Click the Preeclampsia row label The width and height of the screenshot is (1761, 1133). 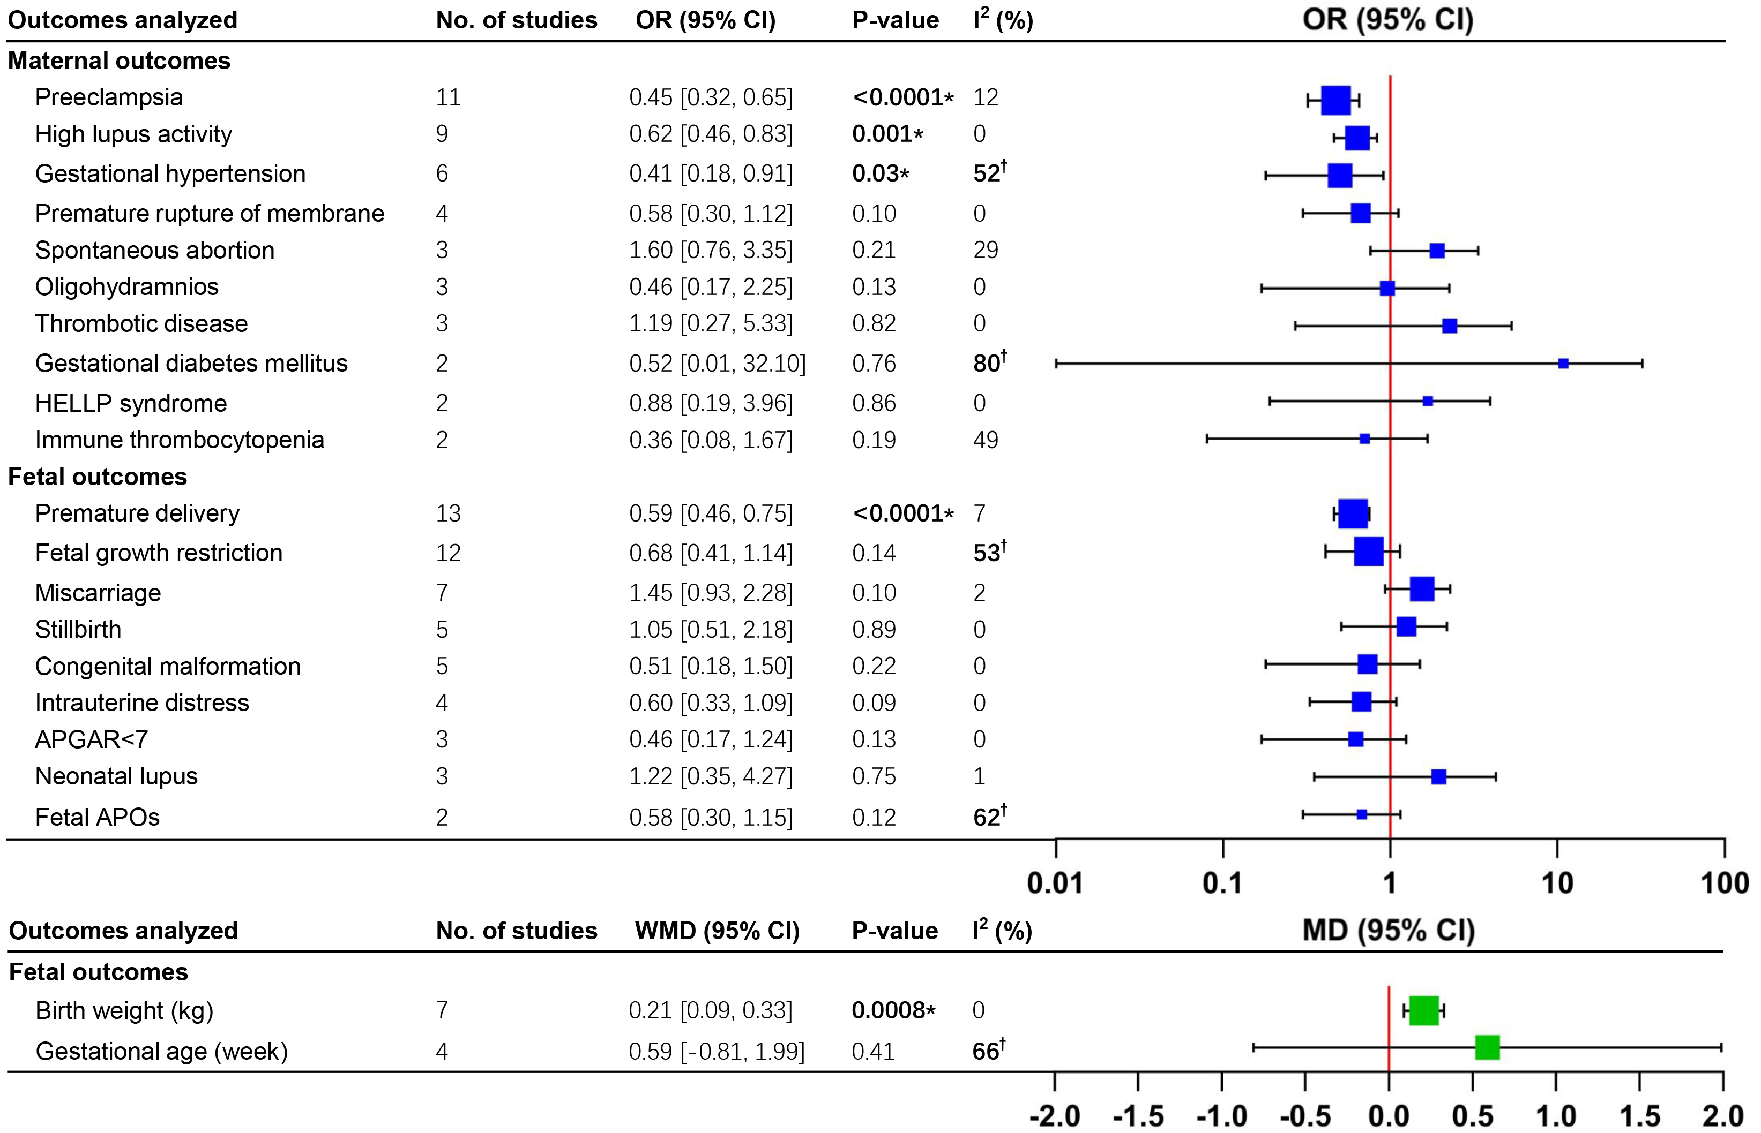click(109, 97)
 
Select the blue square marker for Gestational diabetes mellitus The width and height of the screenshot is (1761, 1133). click(1563, 364)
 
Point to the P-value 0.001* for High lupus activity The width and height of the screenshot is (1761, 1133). click(886, 134)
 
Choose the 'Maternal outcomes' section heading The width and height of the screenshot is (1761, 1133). click(120, 61)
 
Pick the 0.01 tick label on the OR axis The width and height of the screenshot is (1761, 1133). click(1055, 883)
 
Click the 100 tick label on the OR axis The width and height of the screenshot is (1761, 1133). click(1724, 883)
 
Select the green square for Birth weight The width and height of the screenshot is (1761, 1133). click(1424, 1010)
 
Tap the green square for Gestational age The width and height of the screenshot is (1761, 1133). click(1487, 1048)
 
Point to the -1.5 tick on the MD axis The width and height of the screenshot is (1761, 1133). click(1138, 1116)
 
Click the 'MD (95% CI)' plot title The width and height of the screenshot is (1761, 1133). click(1389, 930)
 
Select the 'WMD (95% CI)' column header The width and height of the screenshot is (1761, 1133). click(717, 931)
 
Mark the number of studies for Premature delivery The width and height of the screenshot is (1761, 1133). click(449, 513)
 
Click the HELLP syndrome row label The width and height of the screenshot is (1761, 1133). click(131, 403)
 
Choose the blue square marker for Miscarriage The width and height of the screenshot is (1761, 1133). click(1422, 590)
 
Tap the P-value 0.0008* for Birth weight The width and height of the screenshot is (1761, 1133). click(893, 1010)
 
